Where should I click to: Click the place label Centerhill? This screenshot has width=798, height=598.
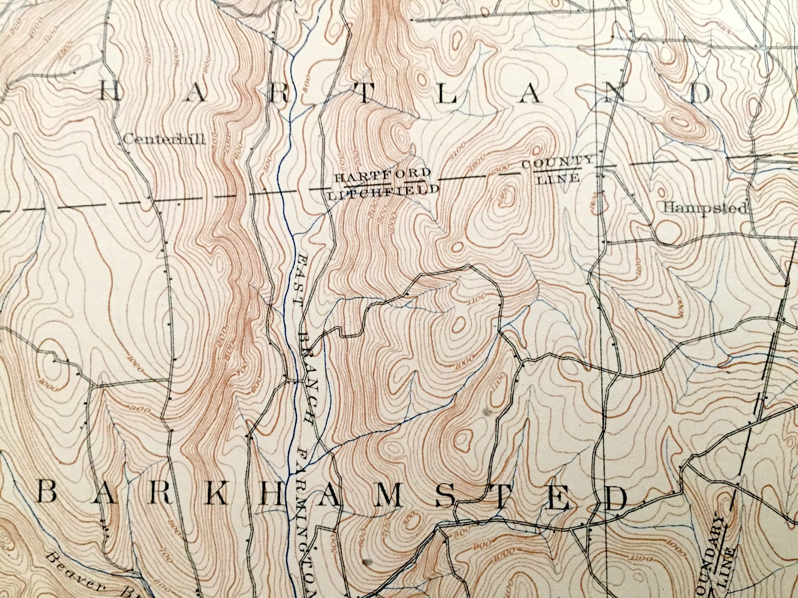tap(164, 139)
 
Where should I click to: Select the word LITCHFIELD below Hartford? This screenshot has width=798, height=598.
tap(383, 191)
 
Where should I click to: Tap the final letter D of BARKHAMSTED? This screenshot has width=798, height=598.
tap(617, 498)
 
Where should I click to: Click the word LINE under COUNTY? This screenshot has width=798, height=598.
tap(558, 178)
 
